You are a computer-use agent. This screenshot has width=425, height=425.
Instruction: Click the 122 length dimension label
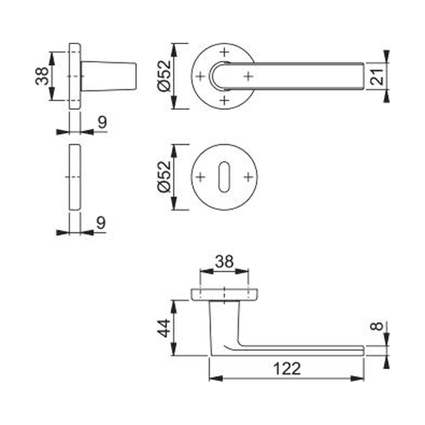[287, 369]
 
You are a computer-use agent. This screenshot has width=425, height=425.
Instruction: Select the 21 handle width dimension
[377, 76]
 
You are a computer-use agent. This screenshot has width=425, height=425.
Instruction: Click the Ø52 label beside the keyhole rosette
[164, 177]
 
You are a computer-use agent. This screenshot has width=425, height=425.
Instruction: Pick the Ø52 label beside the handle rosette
[164, 76]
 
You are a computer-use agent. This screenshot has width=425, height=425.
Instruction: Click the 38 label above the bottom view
[224, 262]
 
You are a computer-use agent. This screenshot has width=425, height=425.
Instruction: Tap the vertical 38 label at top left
[42, 76]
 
